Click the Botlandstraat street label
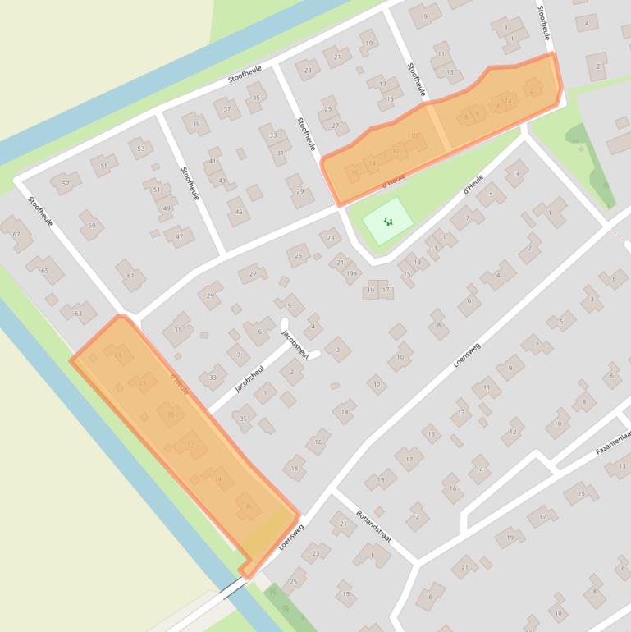click(374, 528)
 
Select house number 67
click(16, 234)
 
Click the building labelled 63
click(79, 313)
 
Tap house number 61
click(130, 275)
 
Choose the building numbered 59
click(91, 225)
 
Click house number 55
click(103, 166)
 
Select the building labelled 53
click(141, 149)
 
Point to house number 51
click(157, 190)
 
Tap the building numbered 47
click(179, 236)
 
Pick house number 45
click(239, 212)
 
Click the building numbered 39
click(196, 124)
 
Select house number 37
click(227, 108)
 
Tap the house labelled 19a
click(351, 273)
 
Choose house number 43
click(222, 181)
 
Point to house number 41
click(213, 161)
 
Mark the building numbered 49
click(167, 208)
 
